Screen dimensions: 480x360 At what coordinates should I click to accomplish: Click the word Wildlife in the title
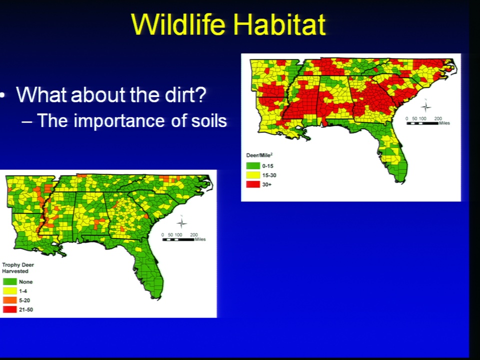(x=179, y=24)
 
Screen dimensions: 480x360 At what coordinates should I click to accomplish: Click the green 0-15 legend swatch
(x=253, y=166)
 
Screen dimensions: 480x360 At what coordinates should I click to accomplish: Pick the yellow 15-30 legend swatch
(x=253, y=175)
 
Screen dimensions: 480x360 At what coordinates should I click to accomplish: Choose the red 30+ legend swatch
(x=253, y=184)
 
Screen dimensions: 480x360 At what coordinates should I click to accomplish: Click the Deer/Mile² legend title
(x=259, y=155)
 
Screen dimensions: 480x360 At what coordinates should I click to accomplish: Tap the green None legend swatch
(x=10, y=281)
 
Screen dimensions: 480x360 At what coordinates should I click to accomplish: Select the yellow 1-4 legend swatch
(x=10, y=291)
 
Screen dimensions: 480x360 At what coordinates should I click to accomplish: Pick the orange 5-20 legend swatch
(x=10, y=300)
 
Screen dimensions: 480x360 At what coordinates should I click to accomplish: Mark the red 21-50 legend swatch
(x=10, y=309)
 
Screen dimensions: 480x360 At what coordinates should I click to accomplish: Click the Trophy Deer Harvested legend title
(x=18, y=268)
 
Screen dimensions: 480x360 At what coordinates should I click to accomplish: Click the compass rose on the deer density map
(x=425, y=106)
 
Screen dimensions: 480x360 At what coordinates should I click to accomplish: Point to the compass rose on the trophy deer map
(x=181, y=222)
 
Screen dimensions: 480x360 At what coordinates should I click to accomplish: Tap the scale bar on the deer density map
(x=422, y=123)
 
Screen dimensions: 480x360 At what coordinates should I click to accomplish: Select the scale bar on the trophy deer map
(x=178, y=239)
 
